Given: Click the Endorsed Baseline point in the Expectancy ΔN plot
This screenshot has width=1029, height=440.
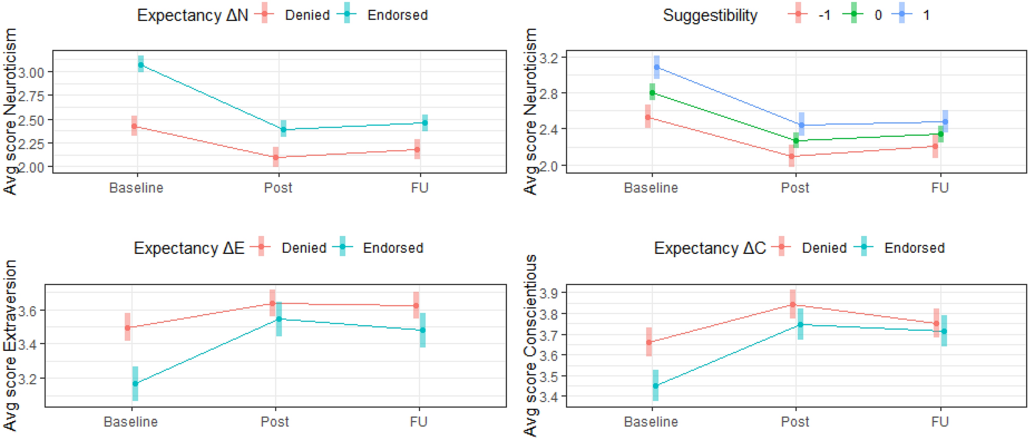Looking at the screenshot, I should (x=141, y=65).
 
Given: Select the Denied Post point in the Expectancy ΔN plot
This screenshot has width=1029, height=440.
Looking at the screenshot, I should (x=276, y=157).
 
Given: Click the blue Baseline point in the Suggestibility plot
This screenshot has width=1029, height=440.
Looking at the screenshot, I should (x=657, y=67).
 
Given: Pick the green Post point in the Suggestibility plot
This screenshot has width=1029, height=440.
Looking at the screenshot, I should (x=796, y=141).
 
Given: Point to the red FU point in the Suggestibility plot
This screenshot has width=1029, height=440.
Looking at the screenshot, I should (x=935, y=147).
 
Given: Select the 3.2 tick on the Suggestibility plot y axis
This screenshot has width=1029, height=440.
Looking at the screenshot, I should (x=550, y=58).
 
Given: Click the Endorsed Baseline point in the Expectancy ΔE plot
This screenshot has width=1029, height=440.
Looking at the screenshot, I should (x=135, y=384).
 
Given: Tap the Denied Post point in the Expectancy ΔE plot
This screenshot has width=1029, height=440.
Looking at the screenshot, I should (x=272, y=304).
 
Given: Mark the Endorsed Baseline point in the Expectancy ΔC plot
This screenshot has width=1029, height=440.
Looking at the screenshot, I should (x=655, y=386).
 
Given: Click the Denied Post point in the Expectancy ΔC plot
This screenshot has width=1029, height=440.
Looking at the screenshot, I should (x=793, y=305).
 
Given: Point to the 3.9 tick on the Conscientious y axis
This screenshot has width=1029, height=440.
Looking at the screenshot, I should (x=549, y=293).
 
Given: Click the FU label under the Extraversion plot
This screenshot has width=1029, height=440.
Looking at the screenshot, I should (x=418, y=422).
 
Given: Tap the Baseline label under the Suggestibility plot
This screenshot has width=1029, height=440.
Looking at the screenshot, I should (x=651, y=188).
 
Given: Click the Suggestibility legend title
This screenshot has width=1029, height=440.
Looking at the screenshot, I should (x=710, y=15).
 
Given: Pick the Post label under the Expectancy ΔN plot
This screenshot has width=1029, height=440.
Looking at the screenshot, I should (x=278, y=188).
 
